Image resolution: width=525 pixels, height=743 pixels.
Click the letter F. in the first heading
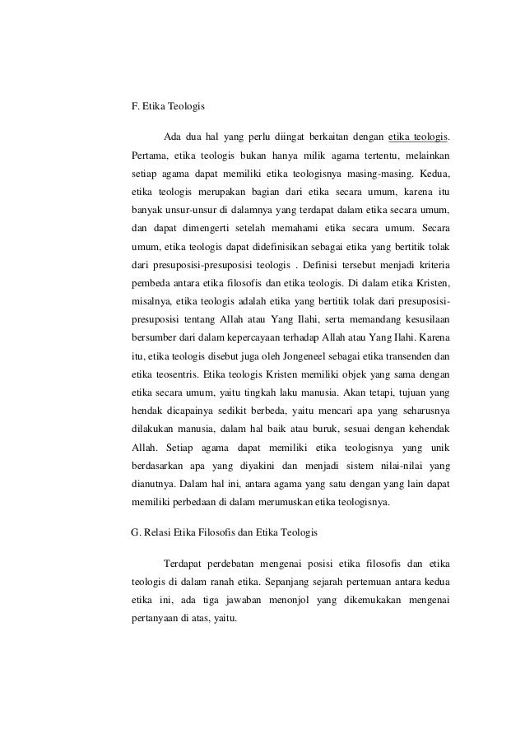(x=136, y=106)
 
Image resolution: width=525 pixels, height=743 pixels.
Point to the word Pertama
(x=151, y=155)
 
